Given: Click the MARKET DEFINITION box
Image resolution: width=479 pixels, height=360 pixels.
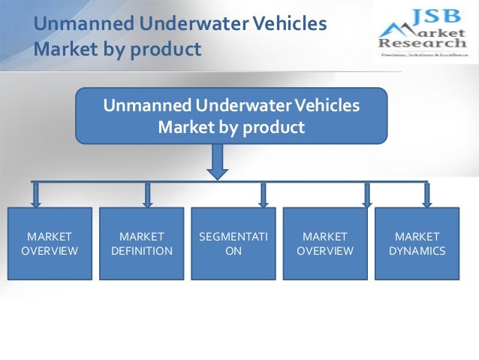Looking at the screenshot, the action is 141,244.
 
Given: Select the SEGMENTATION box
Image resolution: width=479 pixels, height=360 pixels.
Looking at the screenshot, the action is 233,244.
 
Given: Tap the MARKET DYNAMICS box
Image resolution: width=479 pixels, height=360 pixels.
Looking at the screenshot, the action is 417,244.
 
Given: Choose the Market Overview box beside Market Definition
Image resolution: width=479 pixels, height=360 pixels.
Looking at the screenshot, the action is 50,244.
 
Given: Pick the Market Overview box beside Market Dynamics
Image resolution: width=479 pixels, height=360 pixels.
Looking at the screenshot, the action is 325,244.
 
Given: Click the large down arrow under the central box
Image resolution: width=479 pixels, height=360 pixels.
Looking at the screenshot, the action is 217,162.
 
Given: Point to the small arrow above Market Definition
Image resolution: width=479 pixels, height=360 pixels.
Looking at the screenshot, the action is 147,195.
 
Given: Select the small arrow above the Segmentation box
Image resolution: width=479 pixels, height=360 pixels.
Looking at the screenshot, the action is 263,195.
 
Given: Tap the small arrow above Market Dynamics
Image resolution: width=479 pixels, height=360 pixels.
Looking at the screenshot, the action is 427,195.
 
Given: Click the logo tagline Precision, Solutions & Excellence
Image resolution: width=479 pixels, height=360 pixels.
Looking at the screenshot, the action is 422,55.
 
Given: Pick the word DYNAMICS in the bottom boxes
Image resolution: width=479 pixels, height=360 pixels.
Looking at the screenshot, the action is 417,251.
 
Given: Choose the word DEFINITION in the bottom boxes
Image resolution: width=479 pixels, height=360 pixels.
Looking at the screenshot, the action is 141,251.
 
